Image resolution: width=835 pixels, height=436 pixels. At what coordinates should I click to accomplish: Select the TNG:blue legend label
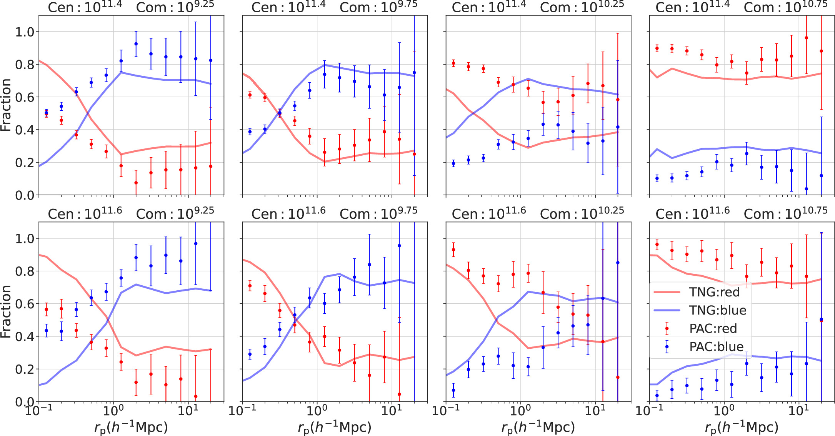click(x=718, y=310)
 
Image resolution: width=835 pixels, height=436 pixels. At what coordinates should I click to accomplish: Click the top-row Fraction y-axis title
click(x=6, y=105)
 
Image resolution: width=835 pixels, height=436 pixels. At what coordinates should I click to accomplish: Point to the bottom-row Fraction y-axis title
click(x=6, y=312)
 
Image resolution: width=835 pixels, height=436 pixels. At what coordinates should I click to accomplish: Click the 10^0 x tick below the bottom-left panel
click(x=113, y=411)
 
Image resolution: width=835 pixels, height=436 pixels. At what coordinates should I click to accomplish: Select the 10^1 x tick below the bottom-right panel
click(x=799, y=411)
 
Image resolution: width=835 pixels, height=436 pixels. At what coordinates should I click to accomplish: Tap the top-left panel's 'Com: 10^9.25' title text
click(x=175, y=7)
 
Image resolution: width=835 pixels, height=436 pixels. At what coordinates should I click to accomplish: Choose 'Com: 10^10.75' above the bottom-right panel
click(x=786, y=214)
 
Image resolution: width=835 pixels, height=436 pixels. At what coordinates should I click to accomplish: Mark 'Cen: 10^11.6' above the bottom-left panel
click(x=85, y=214)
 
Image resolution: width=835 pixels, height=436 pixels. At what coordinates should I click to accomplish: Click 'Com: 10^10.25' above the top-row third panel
click(x=582, y=7)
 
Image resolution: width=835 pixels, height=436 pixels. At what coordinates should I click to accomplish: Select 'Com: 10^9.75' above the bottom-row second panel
click(x=378, y=214)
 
